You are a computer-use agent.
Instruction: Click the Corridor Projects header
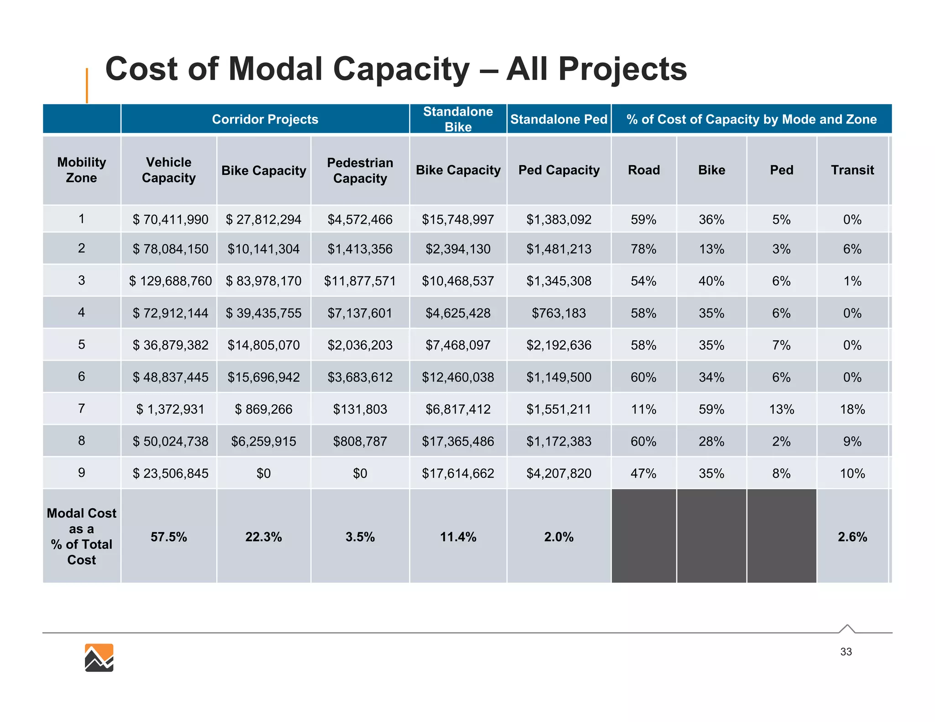tap(265, 119)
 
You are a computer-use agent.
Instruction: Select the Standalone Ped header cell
tap(558, 119)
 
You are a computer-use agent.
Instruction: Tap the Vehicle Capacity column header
tap(168, 170)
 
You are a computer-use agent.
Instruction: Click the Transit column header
tap(852, 170)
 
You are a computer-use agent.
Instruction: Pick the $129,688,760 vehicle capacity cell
tap(170, 281)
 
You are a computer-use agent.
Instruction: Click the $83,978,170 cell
tap(263, 281)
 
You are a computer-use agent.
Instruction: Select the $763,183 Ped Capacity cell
tap(558, 313)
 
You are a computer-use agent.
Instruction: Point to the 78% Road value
tap(643, 249)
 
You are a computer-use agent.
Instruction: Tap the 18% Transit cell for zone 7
tap(852, 409)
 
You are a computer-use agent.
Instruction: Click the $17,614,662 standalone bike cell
tap(458, 473)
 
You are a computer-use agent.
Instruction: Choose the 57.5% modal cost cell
tap(168, 537)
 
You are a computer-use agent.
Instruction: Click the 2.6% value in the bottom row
tap(852, 537)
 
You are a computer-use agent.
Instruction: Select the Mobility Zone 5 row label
tap(81, 345)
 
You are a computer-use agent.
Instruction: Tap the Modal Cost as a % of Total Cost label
tap(81, 536)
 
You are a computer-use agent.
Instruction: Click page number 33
tap(846, 652)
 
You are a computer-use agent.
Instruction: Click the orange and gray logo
tap(99, 658)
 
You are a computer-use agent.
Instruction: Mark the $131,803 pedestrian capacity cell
tap(360, 409)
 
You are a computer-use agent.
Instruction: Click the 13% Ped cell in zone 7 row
tap(781, 409)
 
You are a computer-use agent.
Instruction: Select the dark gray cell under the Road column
tap(643, 536)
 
